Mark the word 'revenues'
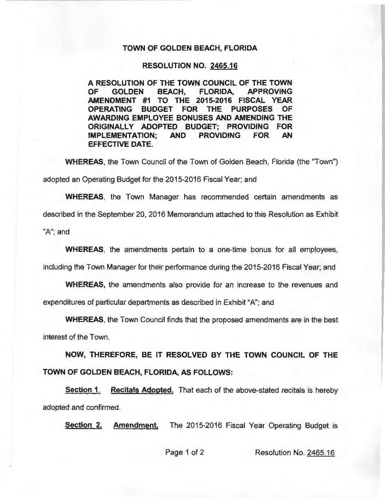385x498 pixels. pyautogui.click(x=308, y=285)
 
